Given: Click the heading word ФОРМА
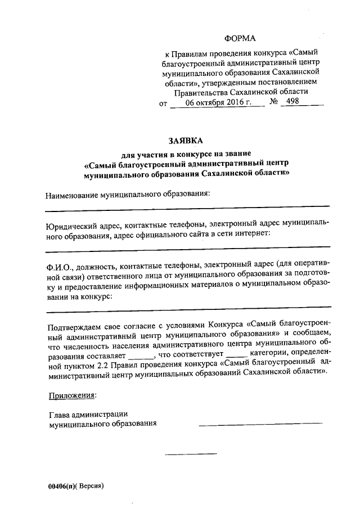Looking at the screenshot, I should (x=240, y=38).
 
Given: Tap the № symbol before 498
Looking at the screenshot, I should (x=274, y=102).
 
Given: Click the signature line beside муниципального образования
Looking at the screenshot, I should (x=260, y=422).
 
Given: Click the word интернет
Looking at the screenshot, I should (x=254, y=233).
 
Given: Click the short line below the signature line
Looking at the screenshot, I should (x=190, y=453).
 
